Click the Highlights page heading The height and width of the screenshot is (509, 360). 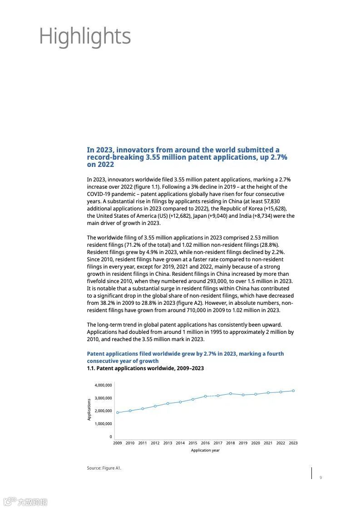[85, 36]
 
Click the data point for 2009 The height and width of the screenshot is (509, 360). [118, 412]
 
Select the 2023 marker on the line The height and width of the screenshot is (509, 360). [293, 391]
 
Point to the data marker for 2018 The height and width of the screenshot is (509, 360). [231, 393]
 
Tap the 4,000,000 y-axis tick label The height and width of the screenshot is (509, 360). [103, 385]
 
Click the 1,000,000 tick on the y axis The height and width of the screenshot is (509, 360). [103, 424]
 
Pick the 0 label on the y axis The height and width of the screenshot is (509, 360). [110, 437]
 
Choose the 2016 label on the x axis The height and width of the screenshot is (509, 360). [205, 443]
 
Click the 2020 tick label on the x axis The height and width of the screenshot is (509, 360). [256, 443]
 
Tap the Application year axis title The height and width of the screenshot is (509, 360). [205, 450]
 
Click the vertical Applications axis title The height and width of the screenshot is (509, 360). [89, 409]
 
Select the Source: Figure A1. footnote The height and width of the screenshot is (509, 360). [104, 468]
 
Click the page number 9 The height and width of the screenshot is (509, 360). [321, 477]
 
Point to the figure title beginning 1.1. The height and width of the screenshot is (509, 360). [145, 368]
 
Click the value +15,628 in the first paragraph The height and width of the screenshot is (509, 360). [273, 209]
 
